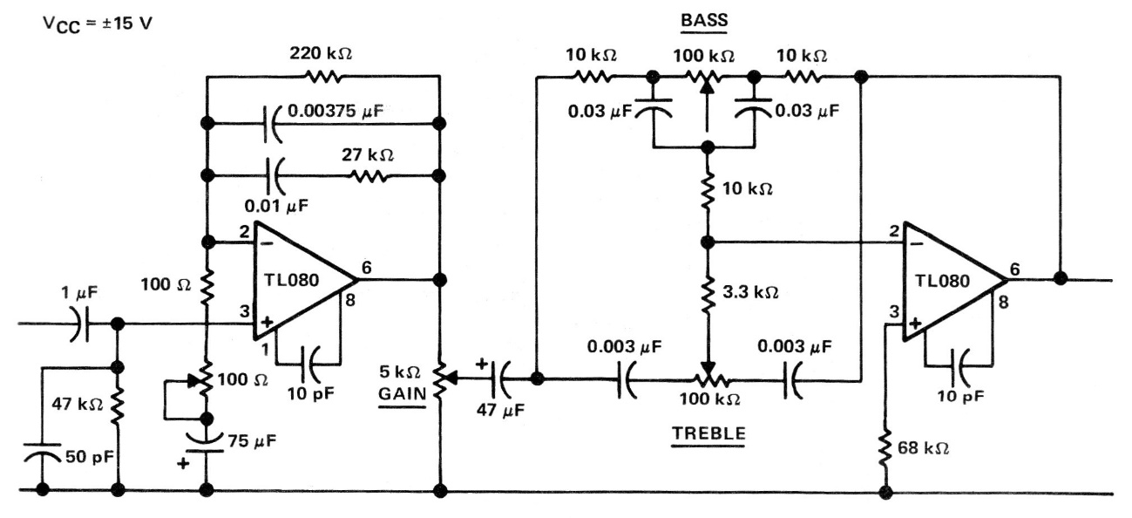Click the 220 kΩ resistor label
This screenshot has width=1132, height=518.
click(321, 53)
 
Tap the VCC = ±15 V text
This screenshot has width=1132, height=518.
click(97, 24)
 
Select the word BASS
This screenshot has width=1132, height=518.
click(704, 20)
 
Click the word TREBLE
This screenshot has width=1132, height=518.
click(708, 433)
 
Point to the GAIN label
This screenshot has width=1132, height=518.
click(403, 393)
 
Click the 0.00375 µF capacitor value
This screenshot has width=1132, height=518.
click(336, 110)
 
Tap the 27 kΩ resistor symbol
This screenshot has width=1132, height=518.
click(369, 176)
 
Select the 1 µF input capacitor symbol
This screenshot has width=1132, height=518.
click(81, 324)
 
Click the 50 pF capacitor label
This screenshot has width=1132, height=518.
click(90, 457)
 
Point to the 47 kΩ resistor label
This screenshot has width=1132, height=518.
click(78, 404)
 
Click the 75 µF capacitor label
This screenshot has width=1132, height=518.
click(252, 441)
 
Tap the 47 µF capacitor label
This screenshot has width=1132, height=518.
click(500, 410)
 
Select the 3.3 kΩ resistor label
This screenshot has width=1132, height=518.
click(750, 292)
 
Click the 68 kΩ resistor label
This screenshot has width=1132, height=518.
click(923, 447)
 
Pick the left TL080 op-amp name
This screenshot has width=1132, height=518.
click(292, 280)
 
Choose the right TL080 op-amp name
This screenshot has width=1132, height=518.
click(942, 281)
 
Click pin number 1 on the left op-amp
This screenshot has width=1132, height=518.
click(266, 349)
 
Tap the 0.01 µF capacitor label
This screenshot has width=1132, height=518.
click(276, 206)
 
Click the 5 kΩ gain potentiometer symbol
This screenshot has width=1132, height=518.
click(441, 378)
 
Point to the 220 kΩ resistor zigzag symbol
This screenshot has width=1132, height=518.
click(323, 77)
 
